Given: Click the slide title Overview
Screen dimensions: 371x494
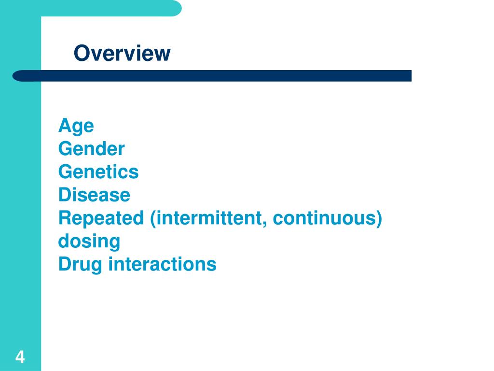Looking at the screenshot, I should click(x=122, y=53).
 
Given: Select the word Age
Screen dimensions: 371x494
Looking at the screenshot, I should click(x=76, y=127).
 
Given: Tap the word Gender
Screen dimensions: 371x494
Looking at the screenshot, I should click(x=91, y=149).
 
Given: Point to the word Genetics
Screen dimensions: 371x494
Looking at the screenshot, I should click(x=98, y=172).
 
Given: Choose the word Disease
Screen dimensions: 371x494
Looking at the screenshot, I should click(x=94, y=195).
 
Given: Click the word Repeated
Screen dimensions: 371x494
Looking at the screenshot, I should click(x=101, y=218).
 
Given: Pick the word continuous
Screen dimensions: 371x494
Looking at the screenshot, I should click(x=323, y=218).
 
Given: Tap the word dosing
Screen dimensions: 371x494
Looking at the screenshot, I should click(x=89, y=242).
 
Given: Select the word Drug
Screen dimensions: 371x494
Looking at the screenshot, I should click(x=80, y=265).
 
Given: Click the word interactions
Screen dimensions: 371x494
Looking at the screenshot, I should click(x=162, y=265).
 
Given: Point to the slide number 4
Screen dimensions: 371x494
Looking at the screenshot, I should click(x=20, y=357).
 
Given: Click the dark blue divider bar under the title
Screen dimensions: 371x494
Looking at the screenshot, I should click(x=212, y=76).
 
